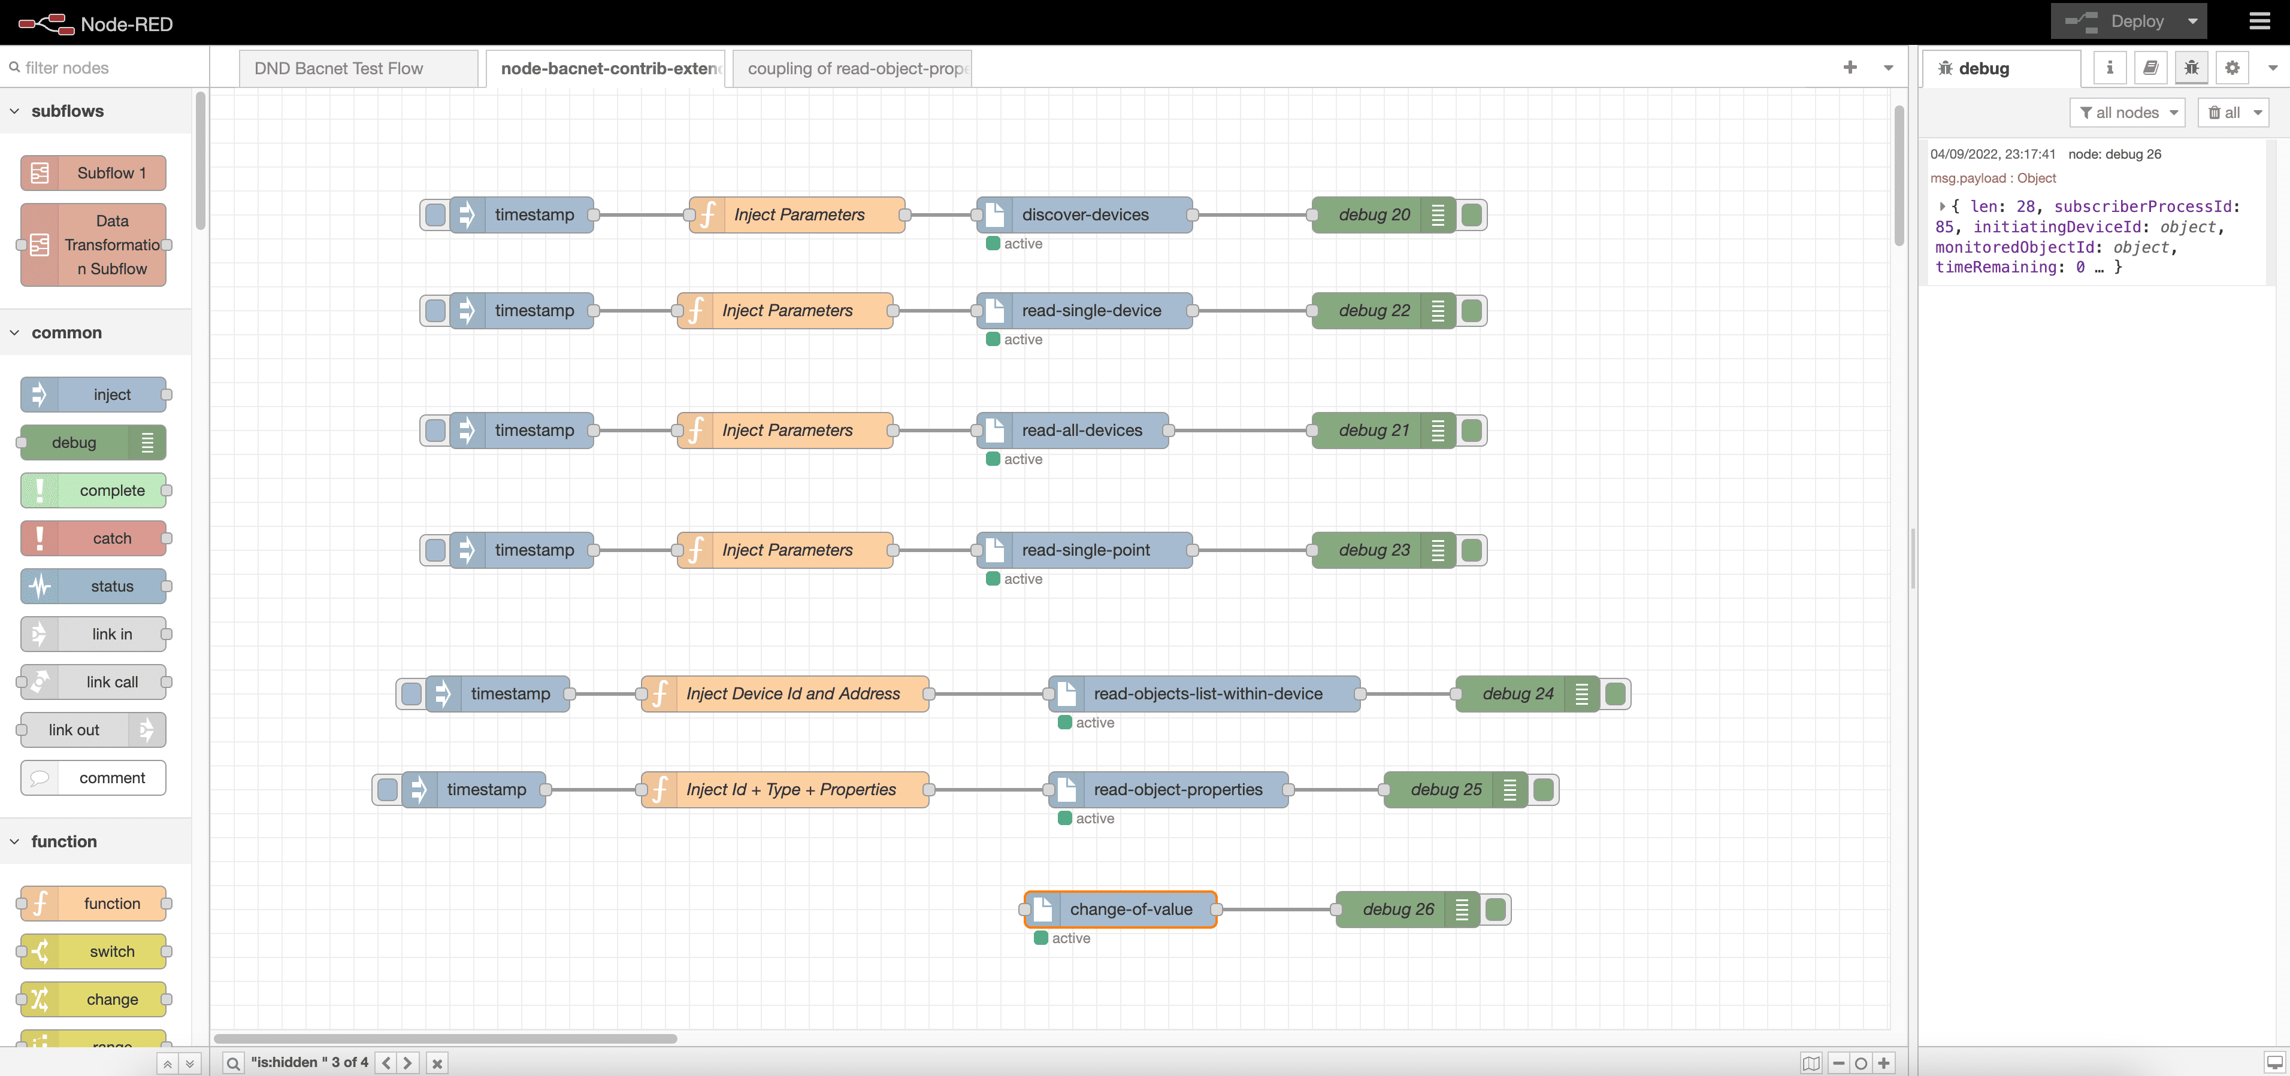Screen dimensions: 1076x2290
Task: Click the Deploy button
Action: pos(2123,22)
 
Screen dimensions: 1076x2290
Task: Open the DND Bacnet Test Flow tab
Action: pos(338,68)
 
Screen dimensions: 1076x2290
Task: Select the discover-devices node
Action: pos(1085,215)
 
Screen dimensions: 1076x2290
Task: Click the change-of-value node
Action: pos(1130,909)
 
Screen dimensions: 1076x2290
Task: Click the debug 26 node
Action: pos(1397,909)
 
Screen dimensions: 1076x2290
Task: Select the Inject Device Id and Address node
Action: pos(792,694)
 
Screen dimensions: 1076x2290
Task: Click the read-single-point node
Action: pos(1085,550)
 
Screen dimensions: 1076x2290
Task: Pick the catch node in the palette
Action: pos(111,538)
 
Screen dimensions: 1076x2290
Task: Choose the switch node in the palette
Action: pos(111,951)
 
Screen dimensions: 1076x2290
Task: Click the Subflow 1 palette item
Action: pos(111,173)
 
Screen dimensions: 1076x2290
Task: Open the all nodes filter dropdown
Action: pos(2127,113)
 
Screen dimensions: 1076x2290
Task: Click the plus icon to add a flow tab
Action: pos(1850,68)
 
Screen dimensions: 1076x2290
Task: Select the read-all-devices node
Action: pos(1081,430)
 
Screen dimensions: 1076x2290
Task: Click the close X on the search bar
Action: pos(437,1063)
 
